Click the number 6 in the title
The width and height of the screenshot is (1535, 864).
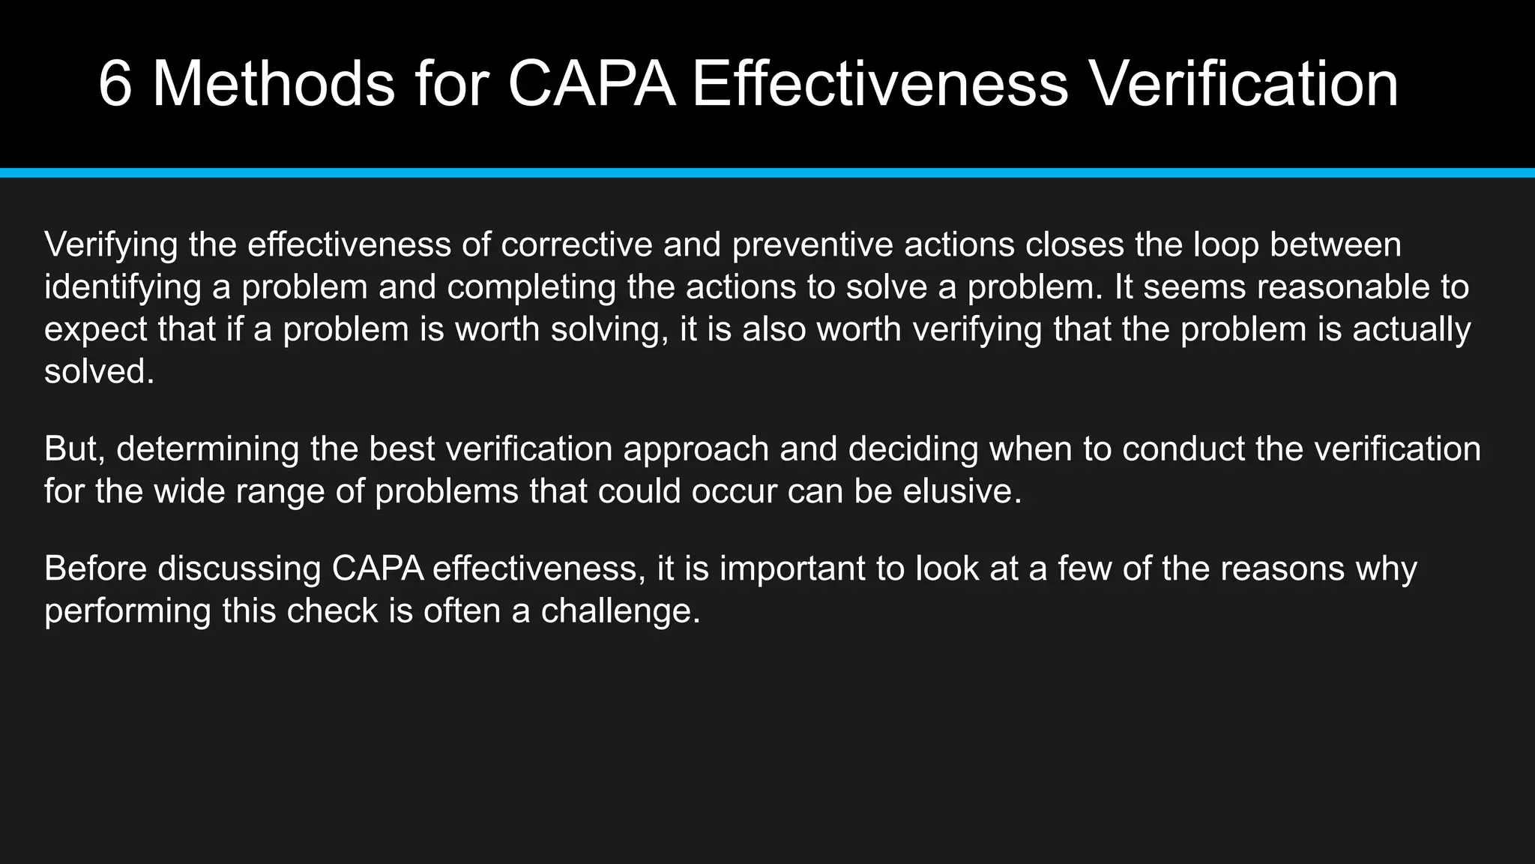pos(115,84)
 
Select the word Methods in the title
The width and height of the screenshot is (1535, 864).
pos(274,84)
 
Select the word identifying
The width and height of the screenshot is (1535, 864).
pos(123,287)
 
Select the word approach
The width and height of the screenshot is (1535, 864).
pos(696,449)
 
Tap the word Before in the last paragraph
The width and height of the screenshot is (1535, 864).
pos(96,568)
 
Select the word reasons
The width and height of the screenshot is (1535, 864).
pos(1282,568)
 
